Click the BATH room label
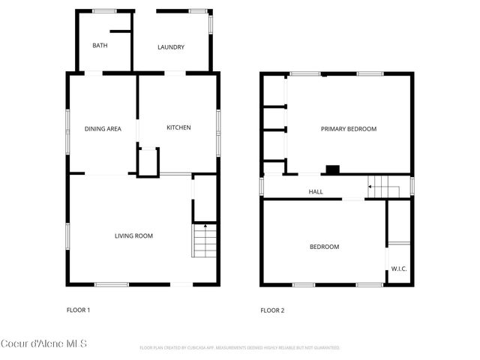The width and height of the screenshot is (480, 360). pyautogui.click(x=100, y=46)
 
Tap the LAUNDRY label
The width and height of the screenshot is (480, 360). pyautogui.click(x=171, y=48)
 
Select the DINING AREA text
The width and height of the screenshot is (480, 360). pyautogui.click(x=103, y=129)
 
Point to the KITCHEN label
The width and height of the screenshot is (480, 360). pyautogui.click(x=178, y=127)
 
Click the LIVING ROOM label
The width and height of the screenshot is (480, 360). pyautogui.click(x=133, y=236)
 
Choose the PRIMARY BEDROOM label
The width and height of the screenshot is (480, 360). pyautogui.click(x=348, y=129)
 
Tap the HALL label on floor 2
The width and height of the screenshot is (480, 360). pyautogui.click(x=316, y=192)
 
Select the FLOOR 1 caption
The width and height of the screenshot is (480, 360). pyautogui.click(x=79, y=310)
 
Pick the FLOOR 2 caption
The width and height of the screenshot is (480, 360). pyautogui.click(x=272, y=310)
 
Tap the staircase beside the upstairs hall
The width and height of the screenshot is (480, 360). pyautogui.click(x=383, y=186)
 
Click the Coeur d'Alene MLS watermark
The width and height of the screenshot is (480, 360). pyautogui.click(x=44, y=343)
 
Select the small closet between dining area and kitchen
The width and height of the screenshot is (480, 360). pyautogui.click(x=148, y=161)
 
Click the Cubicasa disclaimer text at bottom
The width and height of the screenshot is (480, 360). pyautogui.click(x=240, y=348)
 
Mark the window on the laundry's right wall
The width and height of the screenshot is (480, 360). pyautogui.click(x=211, y=23)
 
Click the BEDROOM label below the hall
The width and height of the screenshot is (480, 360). pyautogui.click(x=324, y=247)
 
